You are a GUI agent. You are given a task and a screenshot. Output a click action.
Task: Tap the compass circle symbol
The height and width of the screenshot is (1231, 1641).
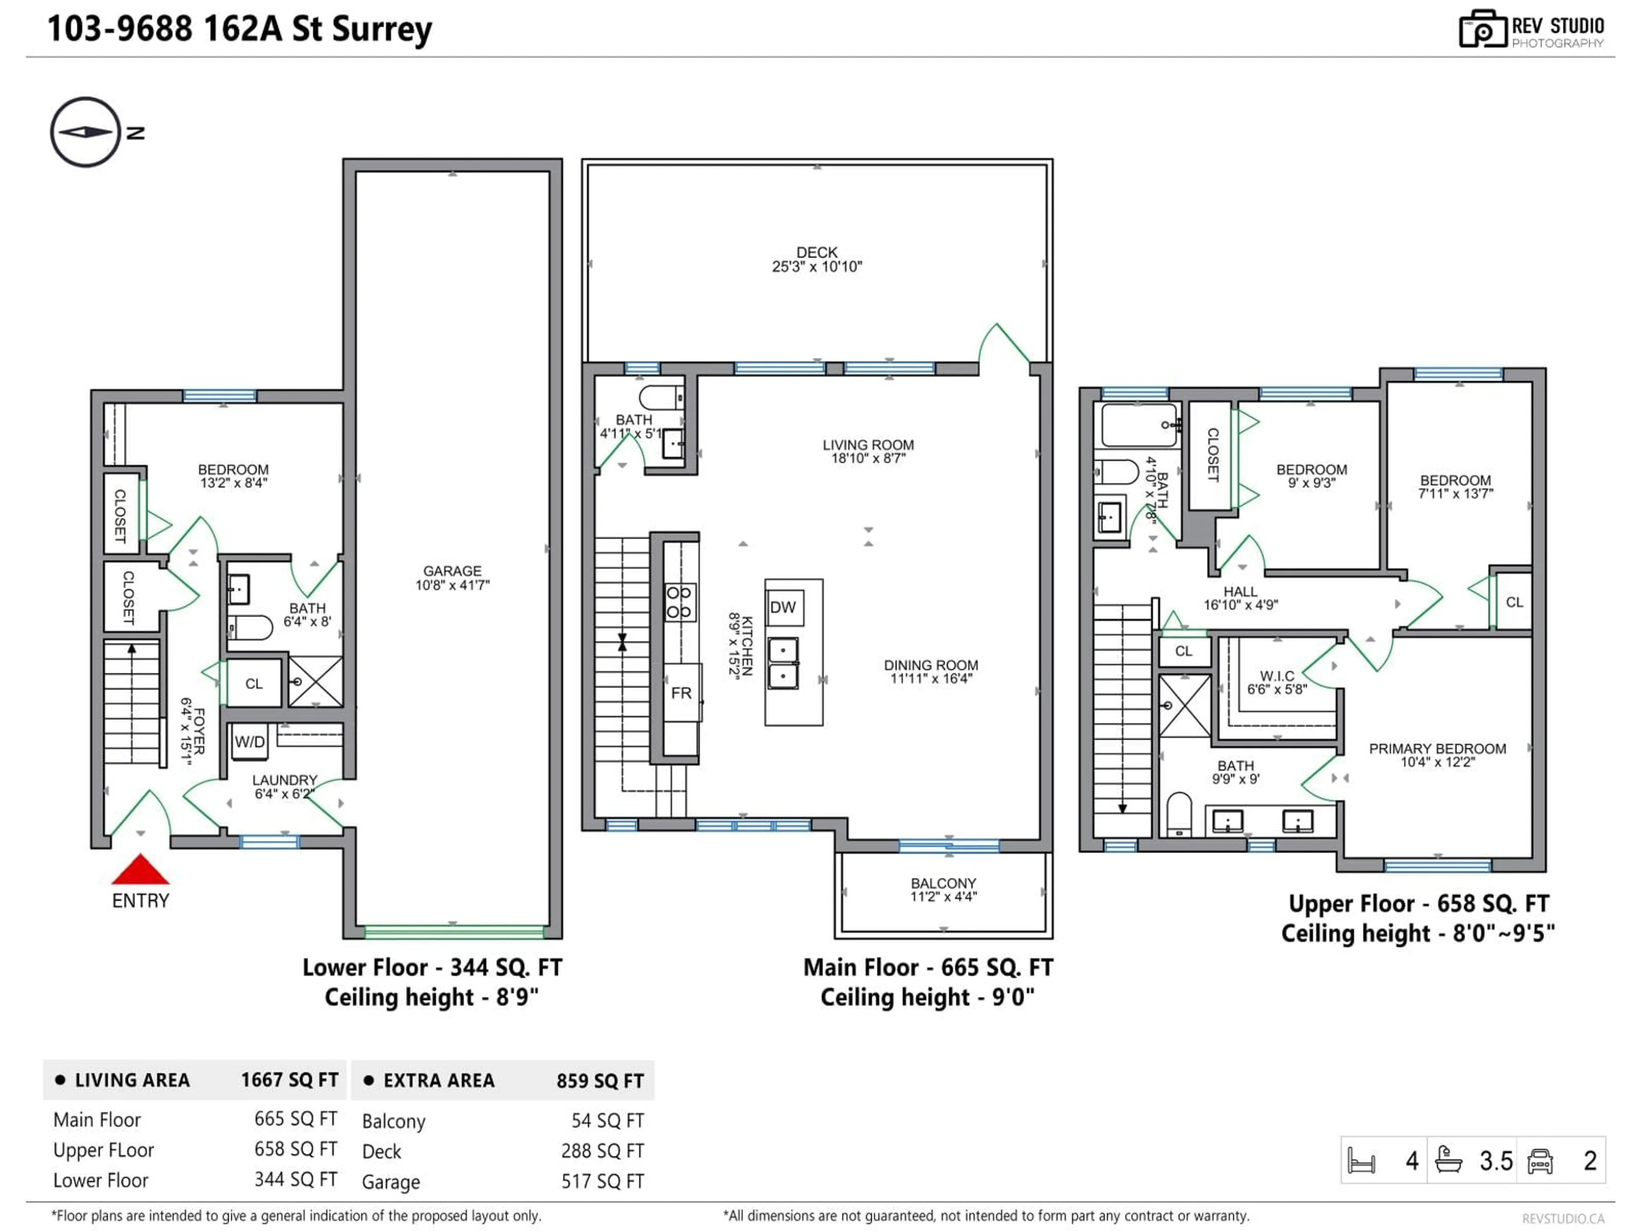coord(85,132)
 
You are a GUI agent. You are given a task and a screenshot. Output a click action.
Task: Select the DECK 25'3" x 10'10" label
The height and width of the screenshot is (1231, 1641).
coord(817,259)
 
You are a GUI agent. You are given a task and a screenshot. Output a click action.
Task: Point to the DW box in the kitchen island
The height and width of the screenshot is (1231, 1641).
coord(783,608)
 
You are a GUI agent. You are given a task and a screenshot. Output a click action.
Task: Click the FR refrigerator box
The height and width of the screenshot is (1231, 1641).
coord(681,693)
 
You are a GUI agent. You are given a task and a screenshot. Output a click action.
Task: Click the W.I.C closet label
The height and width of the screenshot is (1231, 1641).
coord(1277,682)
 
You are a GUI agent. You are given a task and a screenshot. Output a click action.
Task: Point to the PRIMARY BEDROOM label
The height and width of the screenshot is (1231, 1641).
coord(1437,754)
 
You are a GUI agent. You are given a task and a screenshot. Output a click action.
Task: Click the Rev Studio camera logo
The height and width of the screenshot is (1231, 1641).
coord(1482,29)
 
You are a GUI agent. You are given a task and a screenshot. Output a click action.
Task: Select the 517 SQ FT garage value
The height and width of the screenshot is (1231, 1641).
coord(603,1181)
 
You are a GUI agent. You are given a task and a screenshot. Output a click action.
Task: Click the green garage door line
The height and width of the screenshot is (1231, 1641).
coord(454,931)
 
